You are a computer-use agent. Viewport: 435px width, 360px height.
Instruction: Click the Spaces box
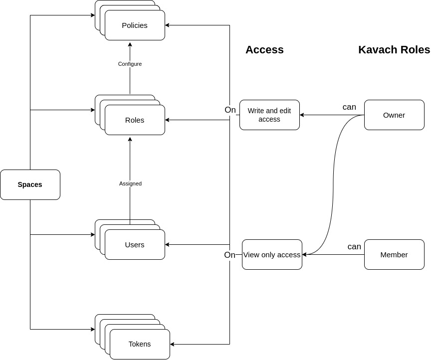[x=30, y=184]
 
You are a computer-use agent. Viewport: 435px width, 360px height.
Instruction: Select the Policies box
[x=135, y=25]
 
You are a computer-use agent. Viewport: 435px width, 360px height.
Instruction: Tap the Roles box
[x=135, y=120]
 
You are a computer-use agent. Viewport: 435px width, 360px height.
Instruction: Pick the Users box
[x=135, y=245]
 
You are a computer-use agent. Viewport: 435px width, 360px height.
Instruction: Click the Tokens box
[x=140, y=344]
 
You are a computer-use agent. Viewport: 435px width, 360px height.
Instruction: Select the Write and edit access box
[x=269, y=115]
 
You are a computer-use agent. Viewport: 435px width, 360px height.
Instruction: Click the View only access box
[x=272, y=255]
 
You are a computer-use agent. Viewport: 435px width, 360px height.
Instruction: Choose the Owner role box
[x=394, y=115]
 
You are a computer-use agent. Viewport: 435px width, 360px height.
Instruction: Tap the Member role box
[x=394, y=255]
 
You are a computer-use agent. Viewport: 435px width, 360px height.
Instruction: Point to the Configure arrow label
[x=130, y=64]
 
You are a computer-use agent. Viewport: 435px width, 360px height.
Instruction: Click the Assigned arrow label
[x=130, y=183]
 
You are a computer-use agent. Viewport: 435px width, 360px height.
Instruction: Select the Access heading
[x=264, y=50]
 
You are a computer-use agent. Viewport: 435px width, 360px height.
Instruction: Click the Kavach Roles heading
[x=394, y=50]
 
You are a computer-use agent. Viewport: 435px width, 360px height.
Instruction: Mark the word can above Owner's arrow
[x=349, y=107]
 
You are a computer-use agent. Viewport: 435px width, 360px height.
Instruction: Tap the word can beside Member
[x=354, y=246]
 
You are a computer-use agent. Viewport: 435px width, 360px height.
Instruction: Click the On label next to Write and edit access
[x=230, y=110]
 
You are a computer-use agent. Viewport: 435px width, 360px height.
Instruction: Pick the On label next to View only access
[x=229, y=255]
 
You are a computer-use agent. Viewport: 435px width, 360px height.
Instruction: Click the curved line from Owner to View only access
[x=333, y=184]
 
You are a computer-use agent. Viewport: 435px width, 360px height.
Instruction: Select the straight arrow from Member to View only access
[x=334, y=255]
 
